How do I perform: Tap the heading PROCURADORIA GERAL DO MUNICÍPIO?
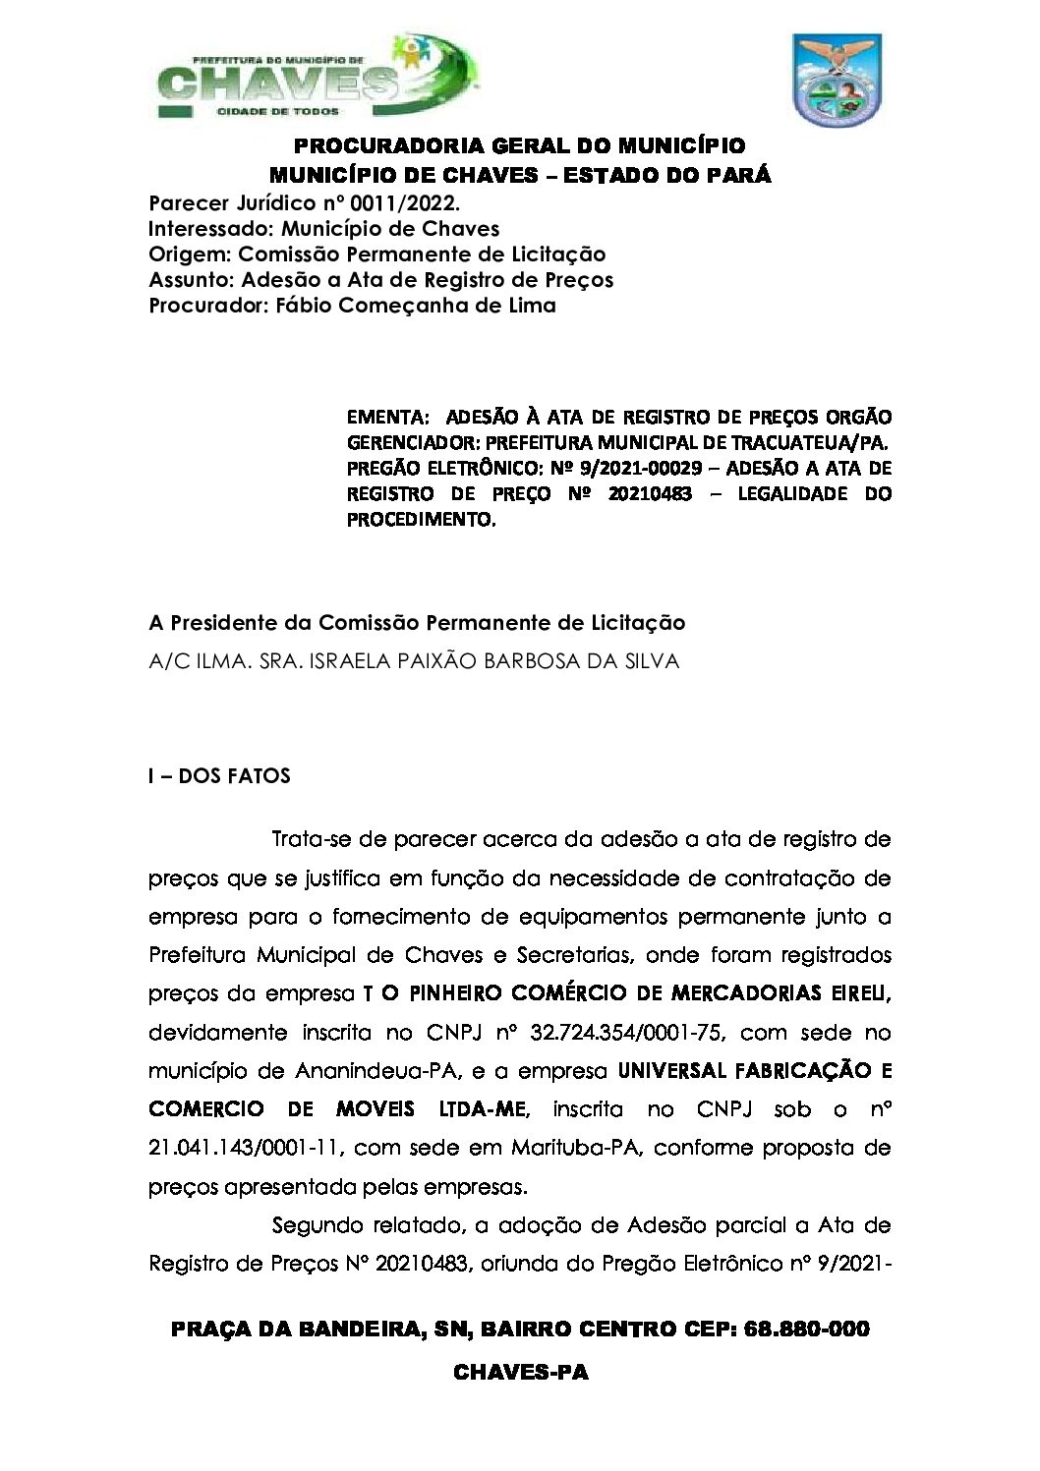(520, 146)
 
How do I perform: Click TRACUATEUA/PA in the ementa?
(815, 442)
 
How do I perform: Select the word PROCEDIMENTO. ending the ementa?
(422, 520)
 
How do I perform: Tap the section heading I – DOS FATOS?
(219, 776)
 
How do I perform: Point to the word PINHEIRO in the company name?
(452, 993)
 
